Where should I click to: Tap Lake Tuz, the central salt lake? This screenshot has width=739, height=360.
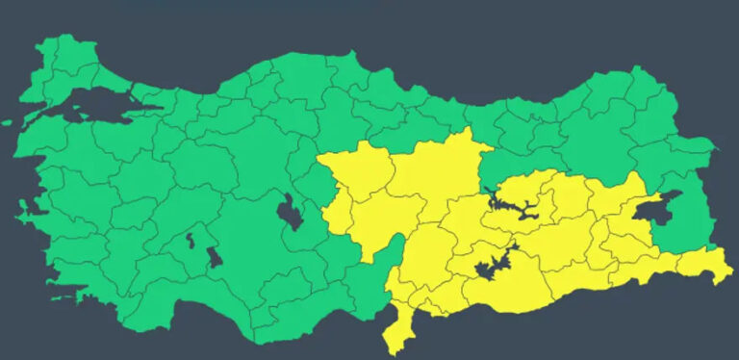click(x=288, y=211)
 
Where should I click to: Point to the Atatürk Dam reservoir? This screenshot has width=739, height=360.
click(x=496, y=265)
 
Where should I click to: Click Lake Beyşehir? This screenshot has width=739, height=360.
click(x=214, y=256)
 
